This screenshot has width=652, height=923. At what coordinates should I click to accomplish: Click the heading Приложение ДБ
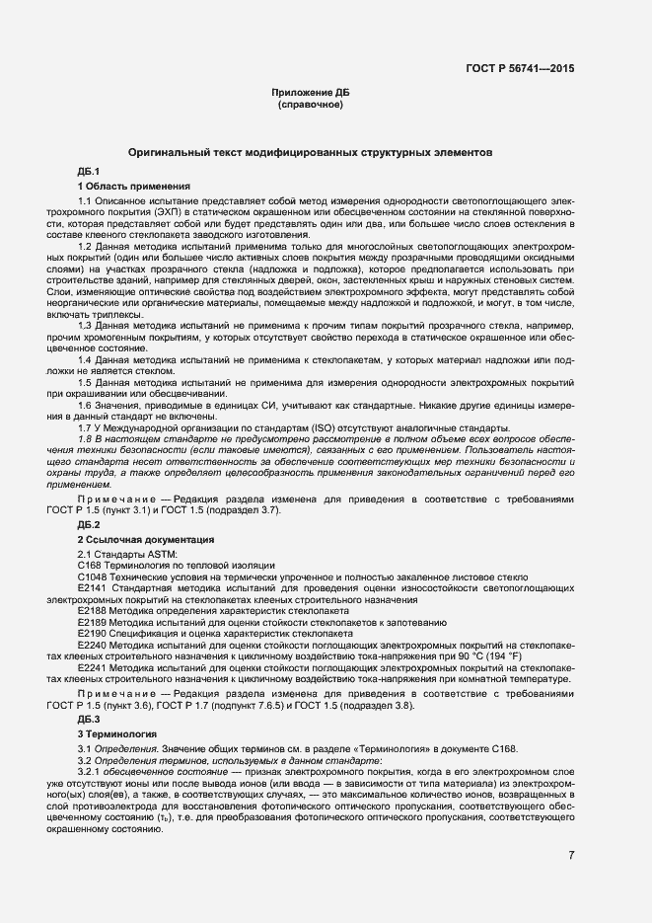(310, 92)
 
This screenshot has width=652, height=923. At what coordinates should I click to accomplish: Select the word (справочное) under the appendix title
(310, 104)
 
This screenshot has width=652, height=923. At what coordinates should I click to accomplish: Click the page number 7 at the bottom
(571, 855)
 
